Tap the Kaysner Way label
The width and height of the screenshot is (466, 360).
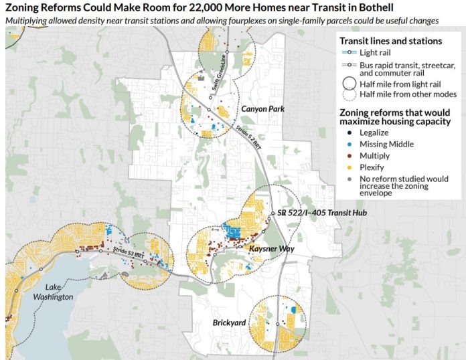268,248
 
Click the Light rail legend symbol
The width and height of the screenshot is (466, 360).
349,52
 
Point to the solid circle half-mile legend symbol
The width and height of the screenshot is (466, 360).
349,84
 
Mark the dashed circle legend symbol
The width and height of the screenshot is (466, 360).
349,94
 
